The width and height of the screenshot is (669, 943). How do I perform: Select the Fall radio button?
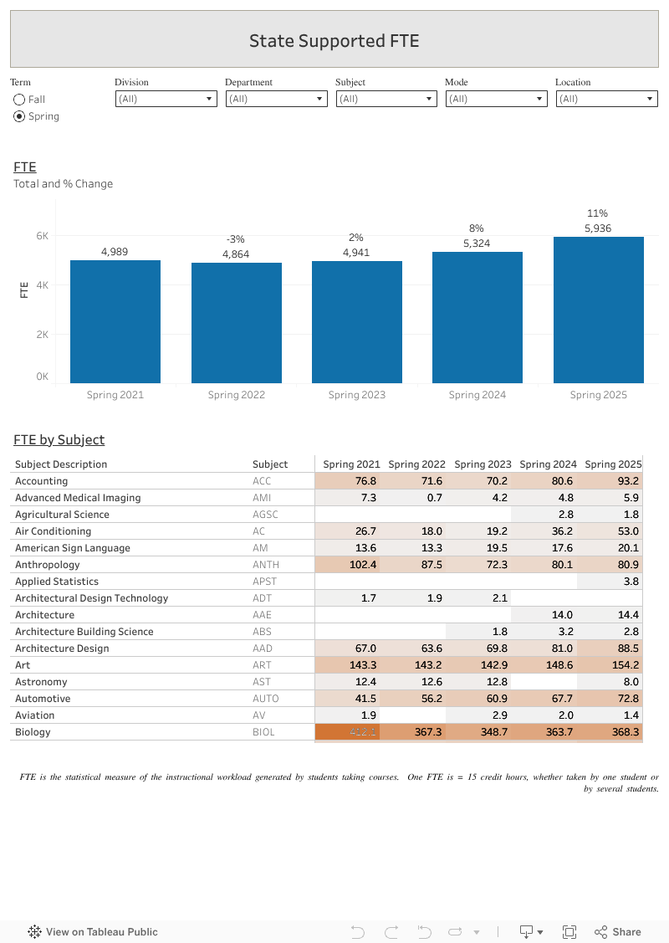click(19, 100)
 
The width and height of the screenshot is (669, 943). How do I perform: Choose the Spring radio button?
click(19, 116)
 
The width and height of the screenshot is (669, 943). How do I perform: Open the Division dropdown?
click(166, 99)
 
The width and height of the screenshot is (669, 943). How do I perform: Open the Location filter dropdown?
click(606, 99)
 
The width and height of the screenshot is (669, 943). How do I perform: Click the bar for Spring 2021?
click(115, 321)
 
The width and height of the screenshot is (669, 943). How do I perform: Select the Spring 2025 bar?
click(598, 310)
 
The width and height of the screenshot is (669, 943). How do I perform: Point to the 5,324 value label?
click(477, 243)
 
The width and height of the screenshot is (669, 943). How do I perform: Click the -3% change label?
click(236, 239)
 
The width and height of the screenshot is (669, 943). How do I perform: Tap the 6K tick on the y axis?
click(42, 236)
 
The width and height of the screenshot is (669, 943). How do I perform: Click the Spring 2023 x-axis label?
click(357, 395)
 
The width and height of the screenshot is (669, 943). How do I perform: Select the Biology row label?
click(33, 732)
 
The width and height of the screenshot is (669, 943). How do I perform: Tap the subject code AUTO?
click(266, 699)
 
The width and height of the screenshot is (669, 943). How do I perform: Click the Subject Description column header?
click(61, 464)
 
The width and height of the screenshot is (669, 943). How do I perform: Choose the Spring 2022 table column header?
click(416, 464)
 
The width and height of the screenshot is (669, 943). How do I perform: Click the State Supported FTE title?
click(334, 40)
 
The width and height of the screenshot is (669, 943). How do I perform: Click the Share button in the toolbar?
click(618, 931)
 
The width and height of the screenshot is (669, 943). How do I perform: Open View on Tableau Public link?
click(93, 931)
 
